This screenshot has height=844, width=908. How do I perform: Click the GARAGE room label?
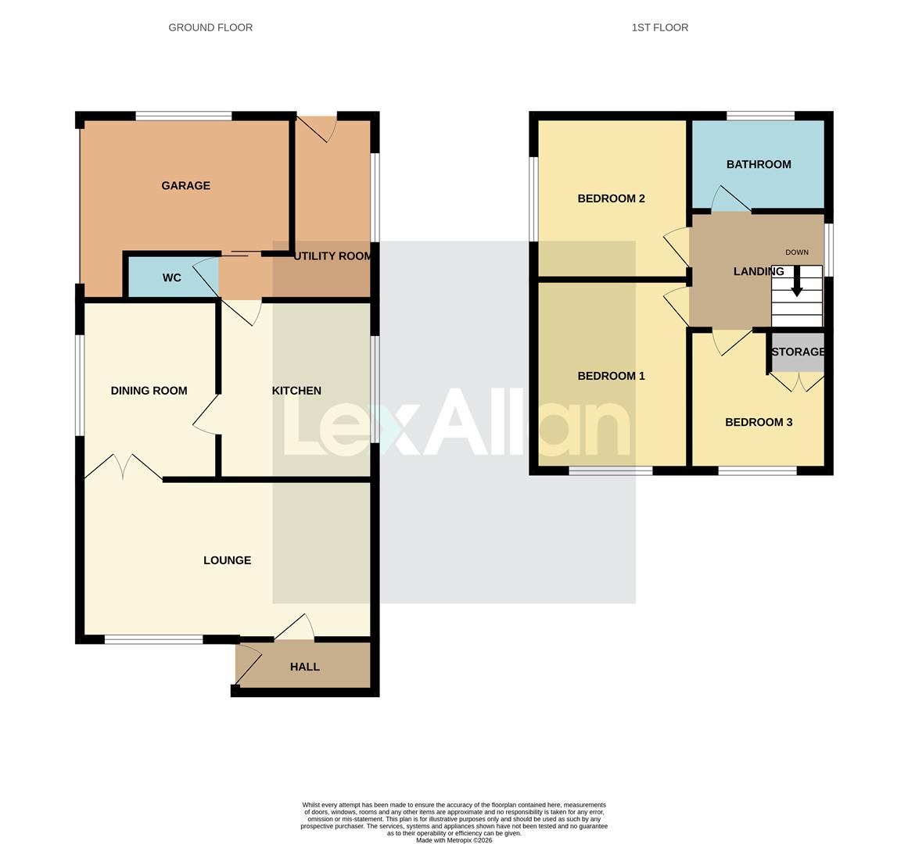185,186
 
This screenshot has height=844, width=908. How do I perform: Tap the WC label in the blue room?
172,278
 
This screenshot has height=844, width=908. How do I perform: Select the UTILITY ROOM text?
332,256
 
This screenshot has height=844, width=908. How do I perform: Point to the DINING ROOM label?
149,391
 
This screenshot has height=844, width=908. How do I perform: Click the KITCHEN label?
296,391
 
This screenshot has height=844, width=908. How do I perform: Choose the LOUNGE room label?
227,560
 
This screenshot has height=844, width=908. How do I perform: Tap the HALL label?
304,667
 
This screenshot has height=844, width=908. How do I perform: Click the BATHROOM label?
759,165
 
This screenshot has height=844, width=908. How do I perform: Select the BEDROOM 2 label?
611,198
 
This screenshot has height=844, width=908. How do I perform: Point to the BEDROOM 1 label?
611,376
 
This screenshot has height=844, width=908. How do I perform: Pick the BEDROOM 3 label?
759,423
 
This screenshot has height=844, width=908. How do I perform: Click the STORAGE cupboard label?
798,352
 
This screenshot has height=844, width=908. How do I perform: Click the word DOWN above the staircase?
797,252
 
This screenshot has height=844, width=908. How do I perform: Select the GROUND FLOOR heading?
210,27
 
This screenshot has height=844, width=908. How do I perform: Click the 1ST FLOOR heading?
660,27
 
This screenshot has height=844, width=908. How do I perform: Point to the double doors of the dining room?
124,467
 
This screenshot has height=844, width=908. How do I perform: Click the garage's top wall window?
184,116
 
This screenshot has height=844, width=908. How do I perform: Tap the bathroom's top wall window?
760,116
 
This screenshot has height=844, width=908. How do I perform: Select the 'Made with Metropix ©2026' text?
454,840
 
